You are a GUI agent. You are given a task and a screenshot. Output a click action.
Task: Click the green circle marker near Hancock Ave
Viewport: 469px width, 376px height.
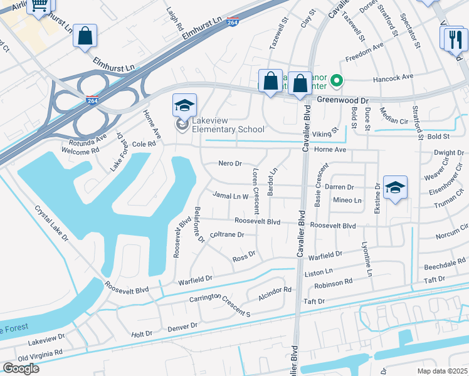coord(337,80)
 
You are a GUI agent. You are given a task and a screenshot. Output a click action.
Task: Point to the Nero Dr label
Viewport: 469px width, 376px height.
coord(229,164)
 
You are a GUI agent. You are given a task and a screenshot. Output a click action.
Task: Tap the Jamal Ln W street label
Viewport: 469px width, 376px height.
coord(231,196)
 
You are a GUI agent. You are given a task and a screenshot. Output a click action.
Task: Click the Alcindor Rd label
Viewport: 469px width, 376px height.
coord(275,290)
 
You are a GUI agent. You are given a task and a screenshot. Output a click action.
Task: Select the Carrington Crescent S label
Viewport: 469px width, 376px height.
coord(220,305)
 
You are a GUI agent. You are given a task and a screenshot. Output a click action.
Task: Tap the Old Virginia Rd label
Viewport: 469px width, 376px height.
coord(40,355)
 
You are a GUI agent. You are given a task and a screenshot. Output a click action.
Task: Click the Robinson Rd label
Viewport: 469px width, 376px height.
coord(334,283)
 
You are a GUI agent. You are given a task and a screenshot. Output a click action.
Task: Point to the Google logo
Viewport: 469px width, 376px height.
coord(21,368)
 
